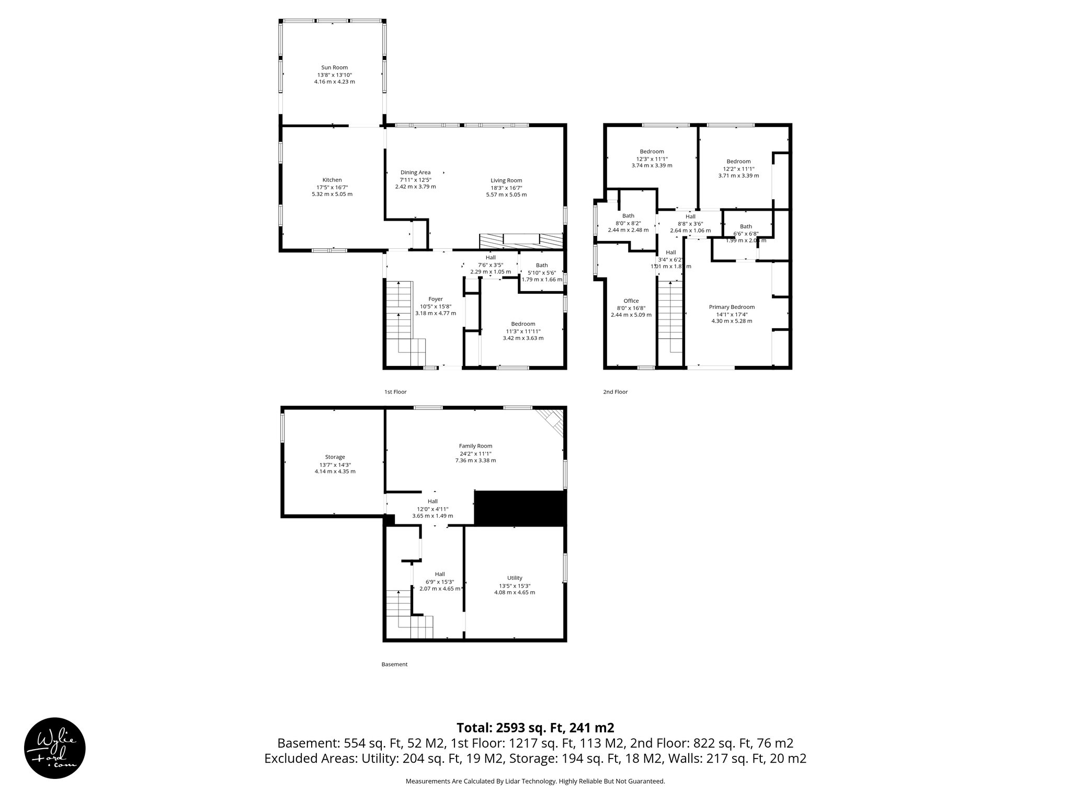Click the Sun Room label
(334, 67)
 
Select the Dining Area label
(415, 173)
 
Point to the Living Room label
(506, 180)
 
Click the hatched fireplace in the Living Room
(521, 241)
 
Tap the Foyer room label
(435, 299)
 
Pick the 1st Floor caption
(395, 392)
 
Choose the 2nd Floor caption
(616, 392)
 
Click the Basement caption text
(394, 664)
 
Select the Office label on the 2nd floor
(631, 301)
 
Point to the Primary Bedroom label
(732, 307)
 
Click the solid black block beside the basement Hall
(520, 508)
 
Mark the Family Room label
(475, 446)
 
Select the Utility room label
(515, 578)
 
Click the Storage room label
(335, 457)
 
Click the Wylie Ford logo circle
(55, 748)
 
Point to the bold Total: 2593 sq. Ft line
(535, 728)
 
